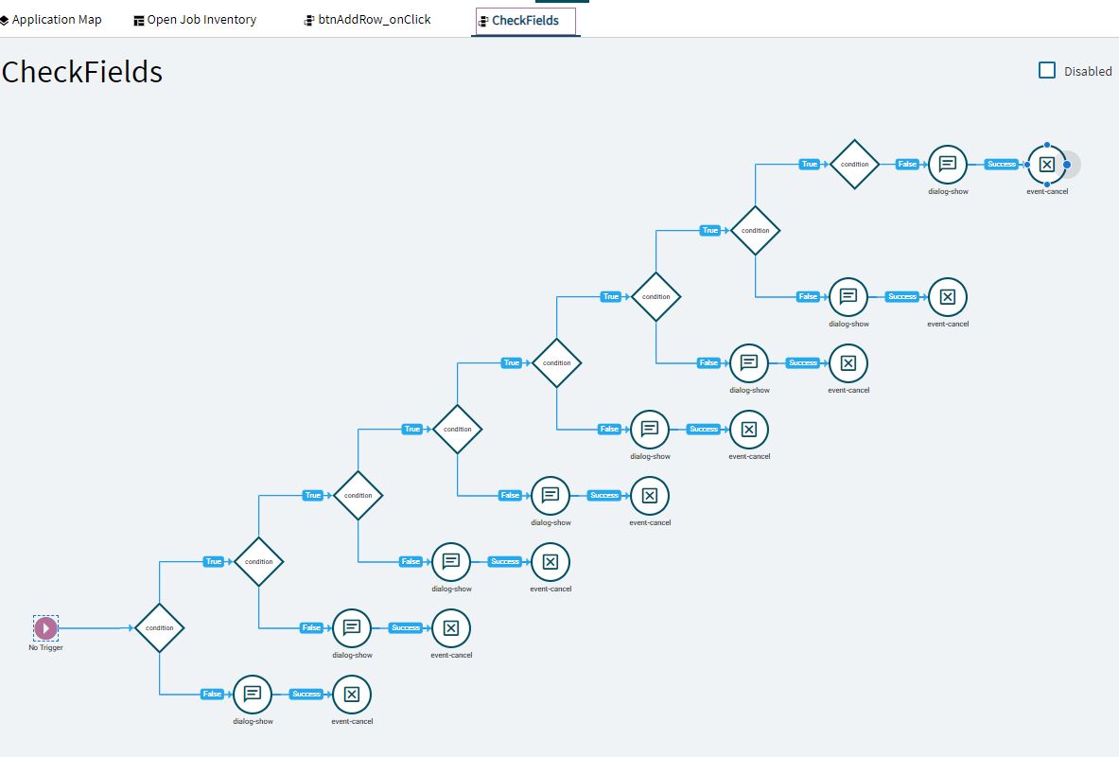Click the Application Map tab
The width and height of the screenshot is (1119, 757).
point(51,20)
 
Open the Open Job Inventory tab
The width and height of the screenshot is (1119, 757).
point(195,20)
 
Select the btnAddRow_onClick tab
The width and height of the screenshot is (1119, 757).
point(368,20)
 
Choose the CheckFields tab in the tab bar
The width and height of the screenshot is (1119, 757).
point(525,21)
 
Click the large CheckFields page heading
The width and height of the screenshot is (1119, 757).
point(82,72)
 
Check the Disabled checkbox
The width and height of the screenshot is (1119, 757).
point(1047,70)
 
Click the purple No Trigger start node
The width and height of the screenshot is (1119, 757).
point(45,628)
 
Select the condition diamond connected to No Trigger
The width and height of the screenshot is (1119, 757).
point(159,628)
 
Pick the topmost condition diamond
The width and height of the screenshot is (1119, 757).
point(854,165)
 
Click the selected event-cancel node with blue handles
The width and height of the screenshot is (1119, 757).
point(1047,165)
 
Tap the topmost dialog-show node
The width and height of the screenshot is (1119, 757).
point(948,165)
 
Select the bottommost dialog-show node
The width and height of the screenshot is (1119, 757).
point(253,695)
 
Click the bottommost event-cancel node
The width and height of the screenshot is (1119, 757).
point(352,695)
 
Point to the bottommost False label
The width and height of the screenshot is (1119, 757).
point(212,695)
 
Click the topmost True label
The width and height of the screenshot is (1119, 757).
point(810,165)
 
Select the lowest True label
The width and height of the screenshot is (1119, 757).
point(214,562)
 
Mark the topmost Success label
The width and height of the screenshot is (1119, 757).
point(1002,165)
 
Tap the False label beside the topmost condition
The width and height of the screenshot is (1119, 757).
point(907,165)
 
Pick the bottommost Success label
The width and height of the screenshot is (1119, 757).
point(306,695)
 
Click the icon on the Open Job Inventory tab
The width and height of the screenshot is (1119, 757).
point(139,21)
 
